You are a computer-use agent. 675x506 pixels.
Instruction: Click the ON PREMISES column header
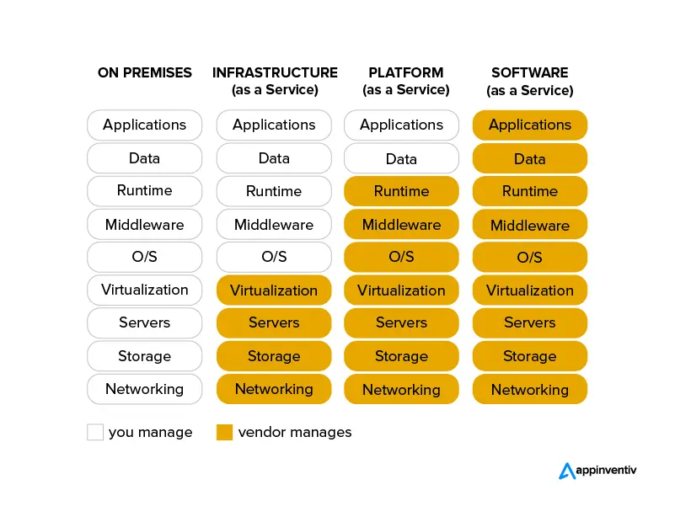click(x=145, y=72)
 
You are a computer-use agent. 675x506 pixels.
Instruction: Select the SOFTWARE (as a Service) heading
click(x=530, y=81)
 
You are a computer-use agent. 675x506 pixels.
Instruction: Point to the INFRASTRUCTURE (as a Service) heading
click(x=275, y=81)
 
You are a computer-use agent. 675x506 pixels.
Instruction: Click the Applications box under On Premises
click(x=145, y=125)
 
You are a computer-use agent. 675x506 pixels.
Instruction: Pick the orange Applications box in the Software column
click(x=530, y=125)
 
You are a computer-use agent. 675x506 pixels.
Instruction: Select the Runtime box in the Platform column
click(x=401, y=191)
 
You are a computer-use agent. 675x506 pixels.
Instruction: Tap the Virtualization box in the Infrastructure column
click(x=274, y=290)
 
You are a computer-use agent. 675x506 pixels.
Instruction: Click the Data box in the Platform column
click(x=401, y=158)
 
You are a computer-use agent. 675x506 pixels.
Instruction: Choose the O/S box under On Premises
click(x=145, y=257)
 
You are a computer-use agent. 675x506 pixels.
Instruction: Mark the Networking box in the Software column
click(x=530, y=389)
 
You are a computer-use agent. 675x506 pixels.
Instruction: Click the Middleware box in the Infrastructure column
click(x=274, y=225)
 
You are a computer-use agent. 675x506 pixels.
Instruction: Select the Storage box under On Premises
click(x=145, y=356)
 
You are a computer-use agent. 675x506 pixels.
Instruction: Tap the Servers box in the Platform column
click(x=401, y=323)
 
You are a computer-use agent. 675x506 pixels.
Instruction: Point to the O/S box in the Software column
click(x=530, y=257)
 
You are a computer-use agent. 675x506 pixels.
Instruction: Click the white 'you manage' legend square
click(x=95, y=432)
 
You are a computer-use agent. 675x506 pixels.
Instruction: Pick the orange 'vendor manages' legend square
click(x=224, y=432)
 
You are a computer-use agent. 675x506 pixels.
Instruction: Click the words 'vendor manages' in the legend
click(x=295, y=432)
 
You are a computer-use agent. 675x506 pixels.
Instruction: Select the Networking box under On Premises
click(x=145, y=389)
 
